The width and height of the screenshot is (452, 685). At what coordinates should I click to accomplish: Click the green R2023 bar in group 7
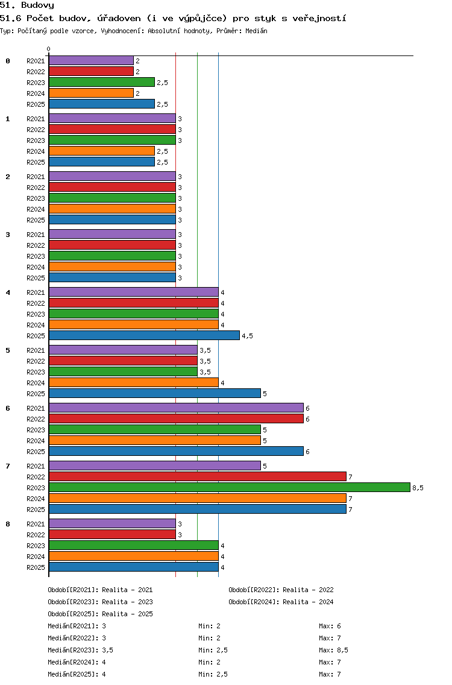tap(230, 488)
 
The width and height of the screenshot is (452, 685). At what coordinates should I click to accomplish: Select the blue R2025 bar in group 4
tap(145, 335)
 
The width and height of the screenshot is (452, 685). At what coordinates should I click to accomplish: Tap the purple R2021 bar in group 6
tap(177, 408)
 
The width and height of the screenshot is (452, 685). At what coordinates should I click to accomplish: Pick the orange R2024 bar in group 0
tap(91, 93)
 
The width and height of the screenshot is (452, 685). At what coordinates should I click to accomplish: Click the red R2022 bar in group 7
tap(198, 476)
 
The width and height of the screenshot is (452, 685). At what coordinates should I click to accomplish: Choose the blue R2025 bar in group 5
tap(155, 394)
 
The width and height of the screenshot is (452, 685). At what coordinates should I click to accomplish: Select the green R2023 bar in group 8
tap(134, 546)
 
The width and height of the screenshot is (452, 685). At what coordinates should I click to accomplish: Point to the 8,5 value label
tap(418, 488)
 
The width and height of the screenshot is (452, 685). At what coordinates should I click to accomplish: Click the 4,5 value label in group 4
tap(248, 336)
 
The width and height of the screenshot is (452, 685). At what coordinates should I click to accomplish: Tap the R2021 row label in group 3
tap(36, 235)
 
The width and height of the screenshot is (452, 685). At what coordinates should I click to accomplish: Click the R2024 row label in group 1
tap(36, 151)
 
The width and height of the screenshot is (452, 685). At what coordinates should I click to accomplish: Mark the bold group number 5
tap(8, 350)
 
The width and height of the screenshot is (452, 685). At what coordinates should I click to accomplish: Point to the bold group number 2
tap(8, 177)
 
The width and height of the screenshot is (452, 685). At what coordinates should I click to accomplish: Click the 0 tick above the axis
tap(48, 49)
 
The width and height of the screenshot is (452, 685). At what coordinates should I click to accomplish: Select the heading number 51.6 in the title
tap(10, 18)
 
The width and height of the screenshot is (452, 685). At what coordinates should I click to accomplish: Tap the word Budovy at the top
tap(37, 5)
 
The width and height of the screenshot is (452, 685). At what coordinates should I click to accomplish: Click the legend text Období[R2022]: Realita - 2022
tap(281, 590)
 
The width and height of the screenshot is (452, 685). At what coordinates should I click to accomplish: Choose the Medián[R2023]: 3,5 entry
tap(80, 650)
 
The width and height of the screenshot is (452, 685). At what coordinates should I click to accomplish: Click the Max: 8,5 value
tap(334, 650)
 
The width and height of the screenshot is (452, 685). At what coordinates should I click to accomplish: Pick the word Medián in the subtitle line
tap(256, 31)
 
